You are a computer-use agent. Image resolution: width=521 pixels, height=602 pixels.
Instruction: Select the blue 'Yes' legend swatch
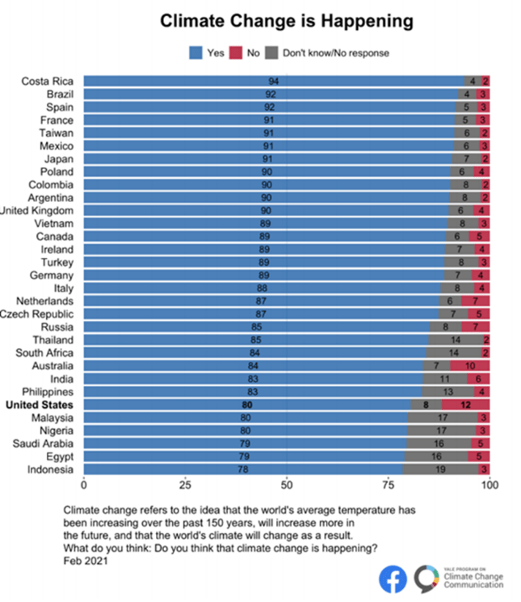click(x=196, y=53)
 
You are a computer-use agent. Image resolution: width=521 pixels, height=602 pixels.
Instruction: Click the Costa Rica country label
click(x=47, y=82)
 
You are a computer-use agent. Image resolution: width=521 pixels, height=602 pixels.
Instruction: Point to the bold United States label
click(x=40, y=405)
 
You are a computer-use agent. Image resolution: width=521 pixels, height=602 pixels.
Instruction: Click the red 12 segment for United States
click(x=465, y=405)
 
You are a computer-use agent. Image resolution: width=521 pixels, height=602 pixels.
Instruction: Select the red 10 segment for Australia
click(x=469, y=366)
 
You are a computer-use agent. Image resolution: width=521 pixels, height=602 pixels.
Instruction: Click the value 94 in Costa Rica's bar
click(x=274, y=82)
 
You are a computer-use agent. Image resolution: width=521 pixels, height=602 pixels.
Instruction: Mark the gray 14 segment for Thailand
click(x=455, y=340)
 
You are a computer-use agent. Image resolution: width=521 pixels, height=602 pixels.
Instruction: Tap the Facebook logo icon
click(x=393, y=579)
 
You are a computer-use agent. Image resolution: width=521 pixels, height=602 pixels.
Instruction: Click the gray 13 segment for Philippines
click(x=448, y=392)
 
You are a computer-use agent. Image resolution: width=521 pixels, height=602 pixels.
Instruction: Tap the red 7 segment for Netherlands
click(x=475, y=301)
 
